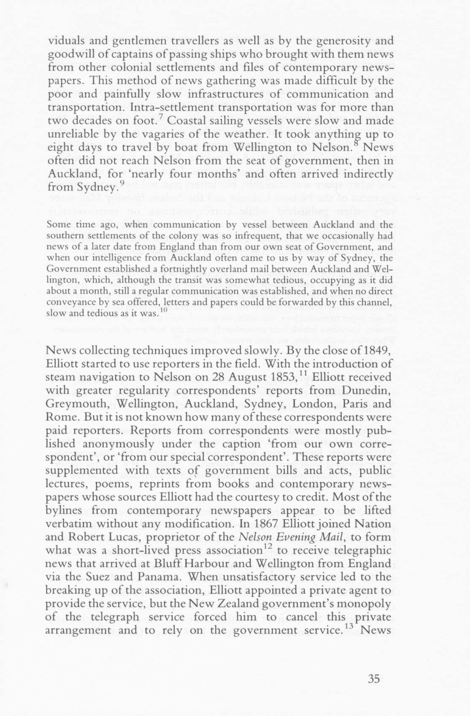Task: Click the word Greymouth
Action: point(76,404)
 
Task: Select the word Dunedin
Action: point(368,390)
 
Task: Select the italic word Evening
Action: point(284,537)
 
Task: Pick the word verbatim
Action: point(71,524)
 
